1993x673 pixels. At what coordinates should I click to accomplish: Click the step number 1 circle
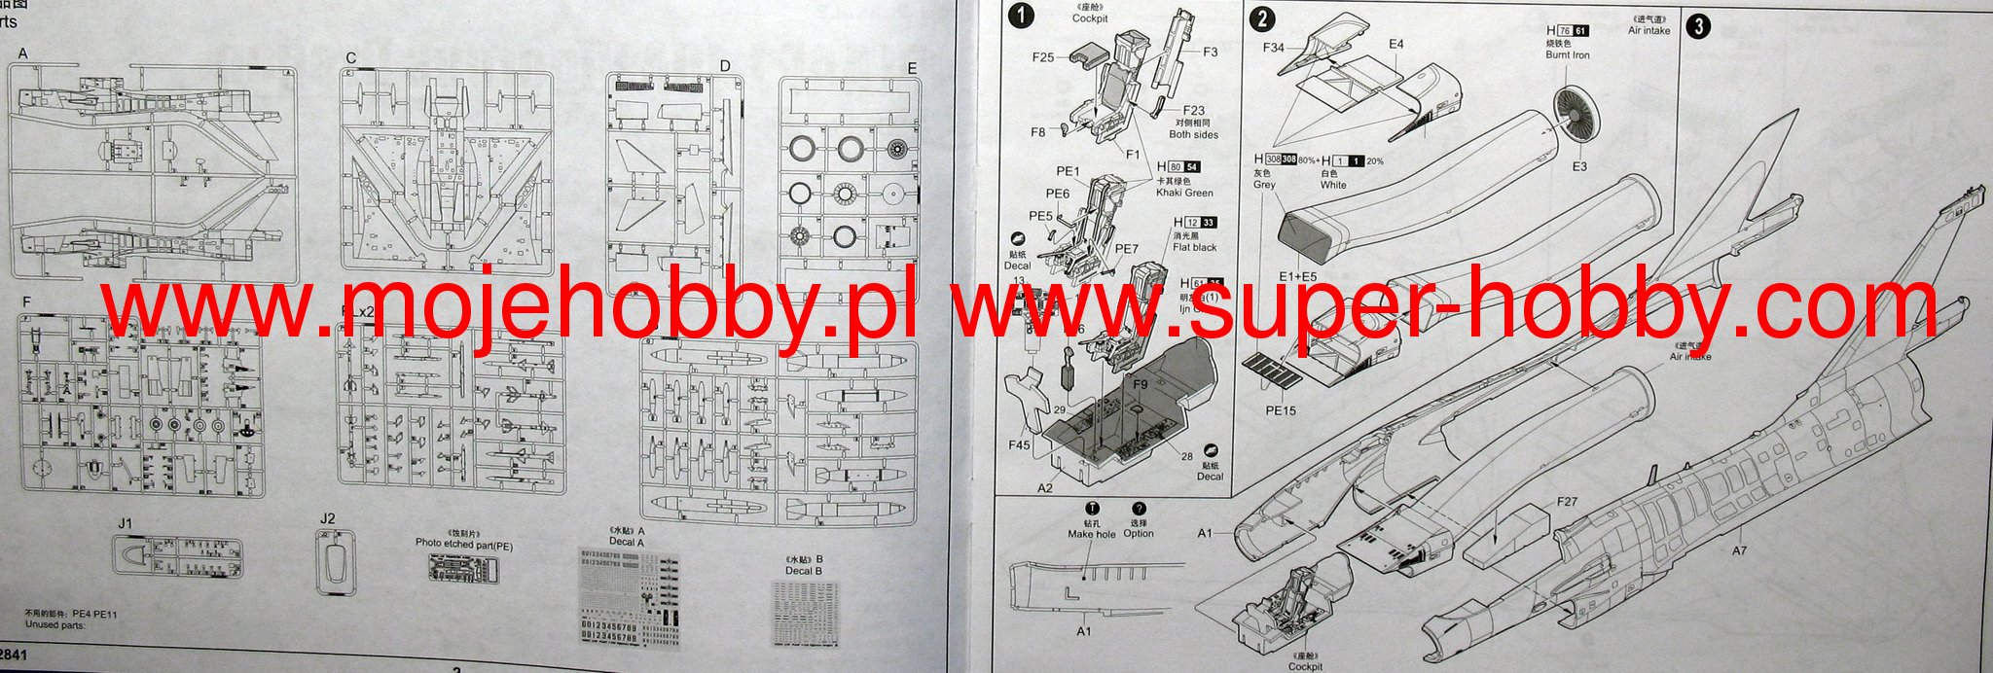tap(1022, 16)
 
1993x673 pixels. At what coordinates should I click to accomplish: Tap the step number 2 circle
tap(1261, 18)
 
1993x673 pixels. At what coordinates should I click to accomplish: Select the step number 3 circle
tap(1697, 26)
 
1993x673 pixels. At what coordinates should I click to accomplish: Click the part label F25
tap(1043, 57)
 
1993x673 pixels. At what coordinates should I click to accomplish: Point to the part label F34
tap(1273, 48)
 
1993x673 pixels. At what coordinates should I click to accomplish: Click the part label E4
tap(1396, 44)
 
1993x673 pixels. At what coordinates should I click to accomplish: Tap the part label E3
tap(1578, 166)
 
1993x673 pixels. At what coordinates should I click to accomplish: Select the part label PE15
tap(1281, 410)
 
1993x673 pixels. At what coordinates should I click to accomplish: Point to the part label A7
tap(1739, 550)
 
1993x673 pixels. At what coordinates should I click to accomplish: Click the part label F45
tap(1019, 446)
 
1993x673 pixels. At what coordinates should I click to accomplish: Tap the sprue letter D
tap(725, 66)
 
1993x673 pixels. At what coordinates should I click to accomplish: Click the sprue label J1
tap(125, 523)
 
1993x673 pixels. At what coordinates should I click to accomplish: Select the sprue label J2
tap(327, 518)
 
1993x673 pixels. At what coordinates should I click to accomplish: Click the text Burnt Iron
tap(1567, 55)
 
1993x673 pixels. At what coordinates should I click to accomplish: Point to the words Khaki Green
tap(1184, 193)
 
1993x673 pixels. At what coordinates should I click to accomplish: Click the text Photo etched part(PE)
tap(463, 546)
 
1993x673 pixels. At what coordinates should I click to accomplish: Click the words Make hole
tap(1092, 534)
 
